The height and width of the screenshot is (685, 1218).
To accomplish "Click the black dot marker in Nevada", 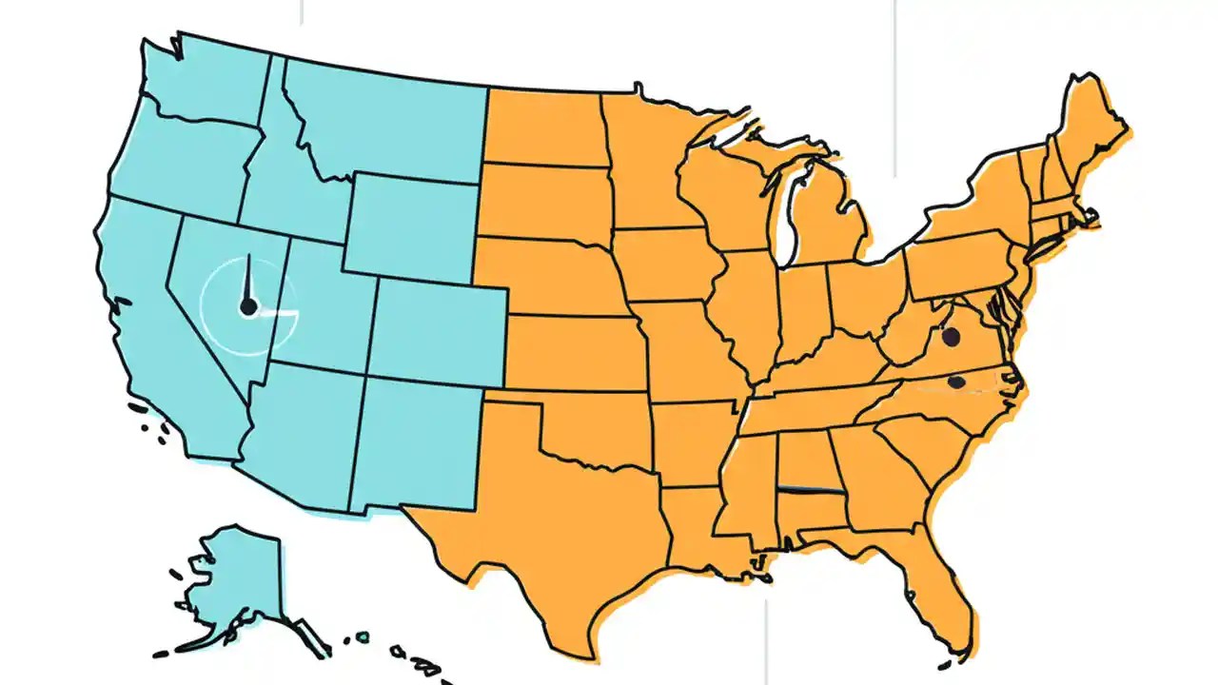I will pos(248,306).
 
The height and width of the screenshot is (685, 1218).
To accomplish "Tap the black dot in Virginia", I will pos(949,335).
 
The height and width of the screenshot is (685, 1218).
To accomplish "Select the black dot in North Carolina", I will pos(956,382).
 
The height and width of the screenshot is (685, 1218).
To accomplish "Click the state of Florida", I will pos(937,580).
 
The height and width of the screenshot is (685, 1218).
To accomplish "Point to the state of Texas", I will pos(561,533).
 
